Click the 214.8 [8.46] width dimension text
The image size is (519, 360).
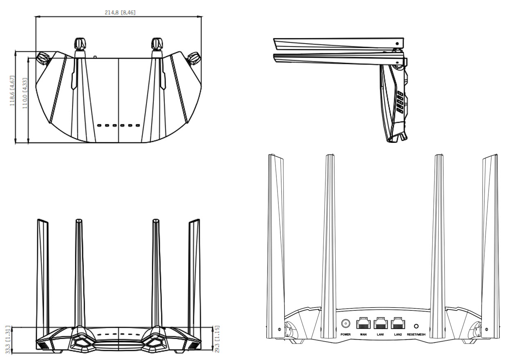tap(120, 13)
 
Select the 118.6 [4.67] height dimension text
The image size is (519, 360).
tap(12, 91)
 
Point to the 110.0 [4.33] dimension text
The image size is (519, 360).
tap(25, 93)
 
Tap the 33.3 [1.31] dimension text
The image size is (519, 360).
tap(8, 340)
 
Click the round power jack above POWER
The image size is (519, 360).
tap(345, 323)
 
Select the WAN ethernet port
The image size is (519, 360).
tap(363, 323)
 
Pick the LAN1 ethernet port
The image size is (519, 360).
tap(380, 323)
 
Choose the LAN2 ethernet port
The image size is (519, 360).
tap(398, 323)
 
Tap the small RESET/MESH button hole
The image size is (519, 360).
tap(416, 326)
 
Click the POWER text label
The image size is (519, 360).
tap(345, 335)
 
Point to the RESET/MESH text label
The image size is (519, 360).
tap(416, 335)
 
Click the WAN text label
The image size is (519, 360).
tap(363, 335)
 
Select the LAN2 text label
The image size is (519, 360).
tap(398, 335)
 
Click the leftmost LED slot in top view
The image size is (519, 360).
tap(99, 126)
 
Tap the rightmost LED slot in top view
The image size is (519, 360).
tap(138, 126)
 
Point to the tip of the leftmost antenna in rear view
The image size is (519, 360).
tap(271, 154)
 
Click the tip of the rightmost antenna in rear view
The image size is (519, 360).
tap(496, 154)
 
